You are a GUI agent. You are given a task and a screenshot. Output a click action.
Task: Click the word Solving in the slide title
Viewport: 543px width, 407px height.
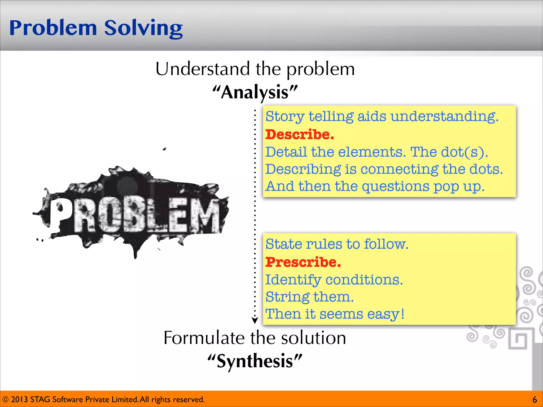click(x=143, y=28)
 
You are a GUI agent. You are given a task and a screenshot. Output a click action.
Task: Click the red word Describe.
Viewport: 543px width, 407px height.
click(x=300, y=134)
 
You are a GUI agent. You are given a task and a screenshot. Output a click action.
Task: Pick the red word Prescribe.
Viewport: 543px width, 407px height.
click(x=303, y=262)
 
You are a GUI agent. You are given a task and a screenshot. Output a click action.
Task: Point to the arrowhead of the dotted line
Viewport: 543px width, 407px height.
click(x=255, y=320)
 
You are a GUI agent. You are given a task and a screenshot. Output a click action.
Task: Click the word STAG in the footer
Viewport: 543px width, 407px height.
click(x=40, y=399)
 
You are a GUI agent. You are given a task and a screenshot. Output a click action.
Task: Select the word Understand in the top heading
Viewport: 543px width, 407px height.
click(x=203, y=69)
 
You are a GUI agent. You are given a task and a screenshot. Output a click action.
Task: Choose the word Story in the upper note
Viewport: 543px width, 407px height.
click(x=285, y=117)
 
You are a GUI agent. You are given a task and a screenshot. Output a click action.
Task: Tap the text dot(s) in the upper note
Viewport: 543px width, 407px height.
click(x=464, y=152)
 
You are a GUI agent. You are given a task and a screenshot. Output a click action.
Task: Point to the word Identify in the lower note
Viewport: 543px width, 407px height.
click(x=293, y=280)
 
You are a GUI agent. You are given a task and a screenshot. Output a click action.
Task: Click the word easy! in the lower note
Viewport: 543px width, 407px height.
click(x=386, y=314)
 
